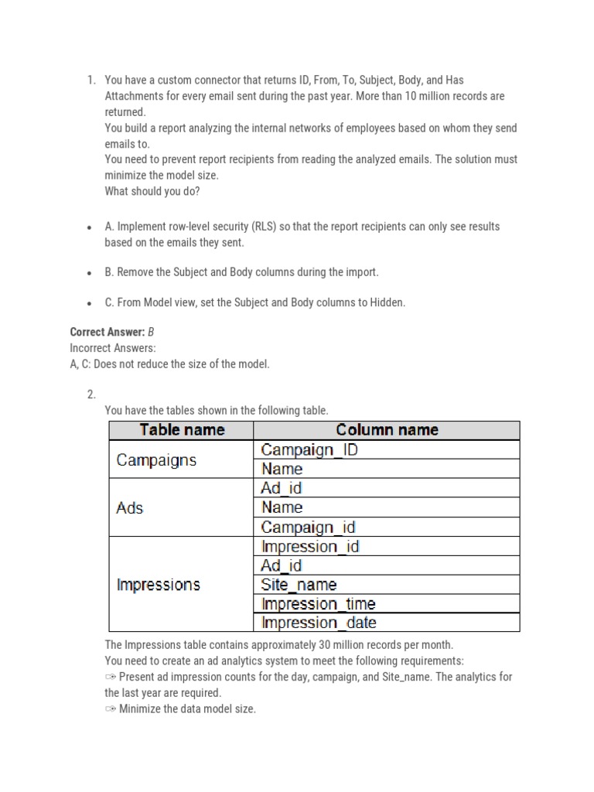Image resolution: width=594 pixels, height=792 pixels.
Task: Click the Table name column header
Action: click(182, 430)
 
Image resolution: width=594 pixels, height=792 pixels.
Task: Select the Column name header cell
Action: click(387, 430)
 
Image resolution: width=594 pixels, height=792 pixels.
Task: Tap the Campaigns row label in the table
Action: click(156, 459)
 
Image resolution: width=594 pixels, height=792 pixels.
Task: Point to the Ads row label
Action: click(130, 508)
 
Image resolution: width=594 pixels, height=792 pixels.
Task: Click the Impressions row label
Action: click(158, 585)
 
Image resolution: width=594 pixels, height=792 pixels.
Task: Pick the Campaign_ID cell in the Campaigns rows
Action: click(309, 449)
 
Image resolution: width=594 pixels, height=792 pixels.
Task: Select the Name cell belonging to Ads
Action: click(282, 507)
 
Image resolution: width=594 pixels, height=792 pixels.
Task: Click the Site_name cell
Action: click(299, 585)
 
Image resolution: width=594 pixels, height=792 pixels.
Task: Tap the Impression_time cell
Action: click(319, 604)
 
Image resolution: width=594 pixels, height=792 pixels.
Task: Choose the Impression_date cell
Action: click(319, 623)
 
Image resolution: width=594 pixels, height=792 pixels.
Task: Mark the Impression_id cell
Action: click(310, 546)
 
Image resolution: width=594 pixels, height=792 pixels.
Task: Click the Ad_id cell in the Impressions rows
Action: click(282, 565)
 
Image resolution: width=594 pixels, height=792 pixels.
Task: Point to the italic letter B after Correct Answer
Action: click(152, 332)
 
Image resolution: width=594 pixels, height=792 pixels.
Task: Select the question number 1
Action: click(90, 80)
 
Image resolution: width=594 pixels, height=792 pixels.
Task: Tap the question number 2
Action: click(90, 394)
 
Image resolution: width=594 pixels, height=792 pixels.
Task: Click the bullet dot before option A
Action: click(90, 227)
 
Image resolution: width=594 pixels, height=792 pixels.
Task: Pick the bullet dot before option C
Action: click(90, 303)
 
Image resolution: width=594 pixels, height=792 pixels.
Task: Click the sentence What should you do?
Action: click(152, 191)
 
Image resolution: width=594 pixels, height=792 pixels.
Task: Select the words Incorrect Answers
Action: click(112, 348)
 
